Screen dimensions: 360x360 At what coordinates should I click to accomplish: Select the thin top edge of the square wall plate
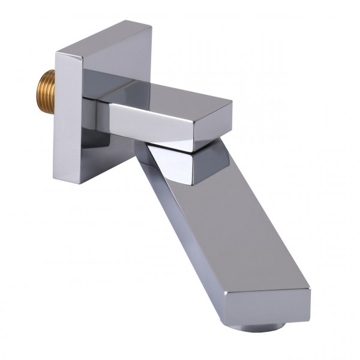click(102, 37)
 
